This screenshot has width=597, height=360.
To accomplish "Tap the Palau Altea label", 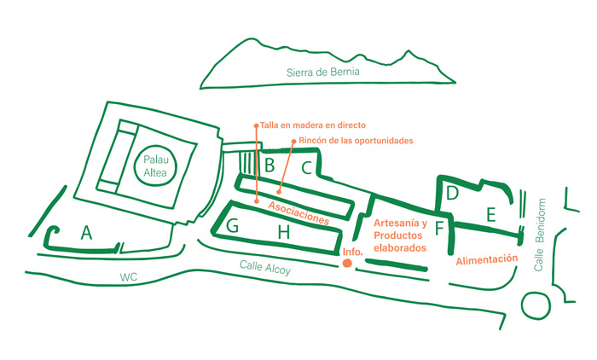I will tap(154, 165).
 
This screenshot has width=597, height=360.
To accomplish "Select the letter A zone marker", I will tap(85, 232).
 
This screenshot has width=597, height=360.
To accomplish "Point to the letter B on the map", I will tap(269, 165).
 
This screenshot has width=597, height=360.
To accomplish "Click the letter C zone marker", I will tap(305, 168).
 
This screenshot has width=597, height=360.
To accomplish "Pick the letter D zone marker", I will tap(453, 195).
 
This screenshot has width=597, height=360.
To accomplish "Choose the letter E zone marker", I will tap(490, 215).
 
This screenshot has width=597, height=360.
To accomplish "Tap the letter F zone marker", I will tap(439, 229).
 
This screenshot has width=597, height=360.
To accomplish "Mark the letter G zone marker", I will tap(233, 226).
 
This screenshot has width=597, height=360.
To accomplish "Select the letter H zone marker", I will tap(284, 230).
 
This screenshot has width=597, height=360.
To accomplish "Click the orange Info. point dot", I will tap(347, 264).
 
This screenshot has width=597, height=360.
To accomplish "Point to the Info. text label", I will tap(353, 252).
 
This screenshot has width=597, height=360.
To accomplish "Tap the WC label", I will tap(129, 277).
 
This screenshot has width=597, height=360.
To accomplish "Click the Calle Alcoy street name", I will tap(265, 270).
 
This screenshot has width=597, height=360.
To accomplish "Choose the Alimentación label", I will tap(487, 258).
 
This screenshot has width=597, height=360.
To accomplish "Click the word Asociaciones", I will tap(298, 212).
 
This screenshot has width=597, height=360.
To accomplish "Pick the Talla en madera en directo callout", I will tap(310, 125).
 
